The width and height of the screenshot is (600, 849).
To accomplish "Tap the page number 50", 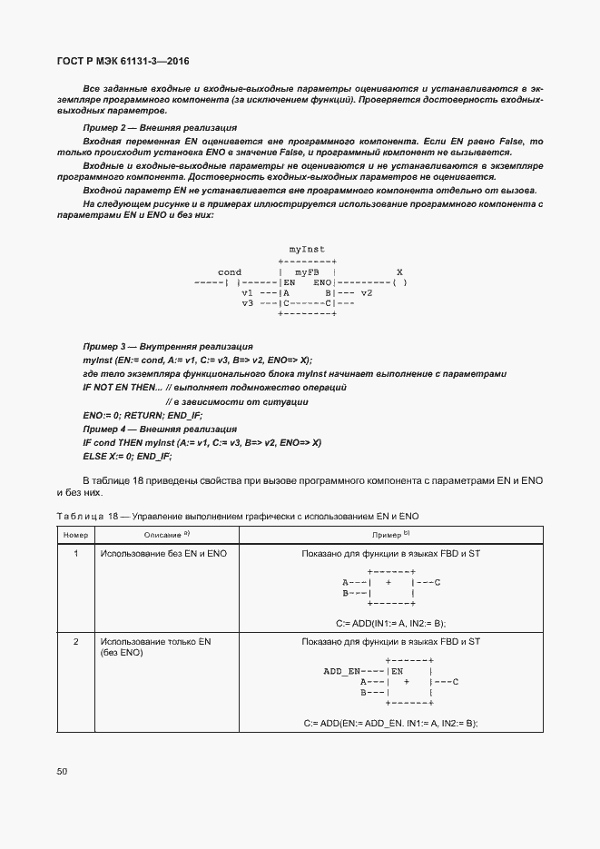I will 62,771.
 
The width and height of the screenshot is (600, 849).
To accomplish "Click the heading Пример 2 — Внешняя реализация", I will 160,128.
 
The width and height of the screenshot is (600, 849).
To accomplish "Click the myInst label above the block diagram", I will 307,249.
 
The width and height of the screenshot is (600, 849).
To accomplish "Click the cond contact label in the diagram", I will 230,272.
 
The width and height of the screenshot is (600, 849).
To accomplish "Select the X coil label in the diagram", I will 399,272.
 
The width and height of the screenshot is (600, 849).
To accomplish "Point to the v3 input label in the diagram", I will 247,303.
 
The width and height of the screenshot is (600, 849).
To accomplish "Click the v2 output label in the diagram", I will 366,293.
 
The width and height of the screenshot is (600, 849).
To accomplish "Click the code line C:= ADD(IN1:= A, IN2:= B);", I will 390,622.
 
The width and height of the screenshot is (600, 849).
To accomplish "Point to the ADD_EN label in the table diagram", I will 341,671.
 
